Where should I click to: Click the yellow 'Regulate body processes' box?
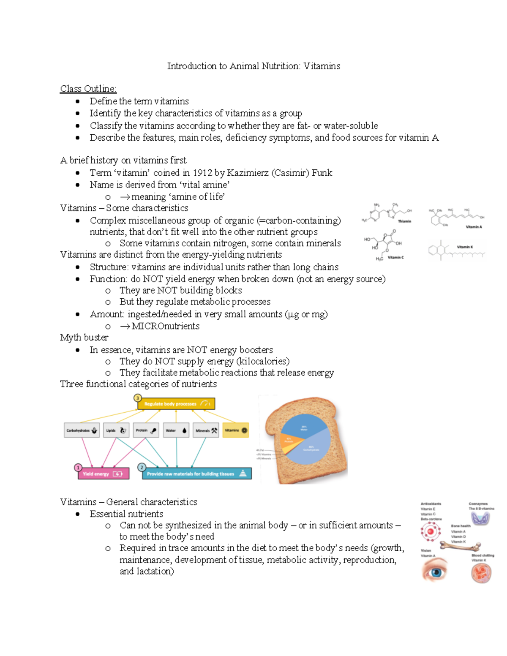pos(176,404)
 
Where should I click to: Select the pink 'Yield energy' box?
pos(104,474)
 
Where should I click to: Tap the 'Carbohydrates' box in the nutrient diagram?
pos(82,430)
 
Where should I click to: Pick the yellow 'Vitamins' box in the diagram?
pos(236,430)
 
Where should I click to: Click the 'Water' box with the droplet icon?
pos(176,430)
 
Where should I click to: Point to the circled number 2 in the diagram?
pos(142,467)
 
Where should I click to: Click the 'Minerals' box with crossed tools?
pos(206,430)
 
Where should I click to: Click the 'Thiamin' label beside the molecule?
pos(404,221)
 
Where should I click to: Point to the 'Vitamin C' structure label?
pos(395,257)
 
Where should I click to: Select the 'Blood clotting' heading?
pos(482,555)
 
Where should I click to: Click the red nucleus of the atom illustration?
pos(431,531)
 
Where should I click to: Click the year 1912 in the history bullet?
pos(202,173)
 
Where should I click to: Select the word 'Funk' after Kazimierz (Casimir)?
pos(322,173)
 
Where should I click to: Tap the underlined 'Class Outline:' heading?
pos(88,89)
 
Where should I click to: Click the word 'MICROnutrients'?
pos(165,326)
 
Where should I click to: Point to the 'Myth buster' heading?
pos(84,338)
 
